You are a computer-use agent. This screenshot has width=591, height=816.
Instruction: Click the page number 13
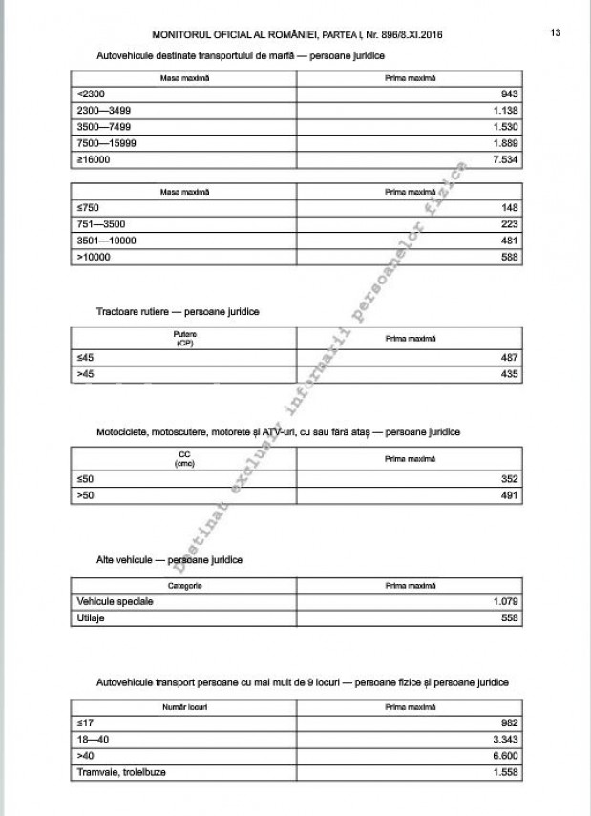point(555,32)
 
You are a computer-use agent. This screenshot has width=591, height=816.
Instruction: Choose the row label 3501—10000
point(107,240)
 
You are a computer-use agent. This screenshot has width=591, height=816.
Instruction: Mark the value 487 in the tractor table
point(508,358)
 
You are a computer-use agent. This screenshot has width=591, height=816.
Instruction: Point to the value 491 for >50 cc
point(508,496)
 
